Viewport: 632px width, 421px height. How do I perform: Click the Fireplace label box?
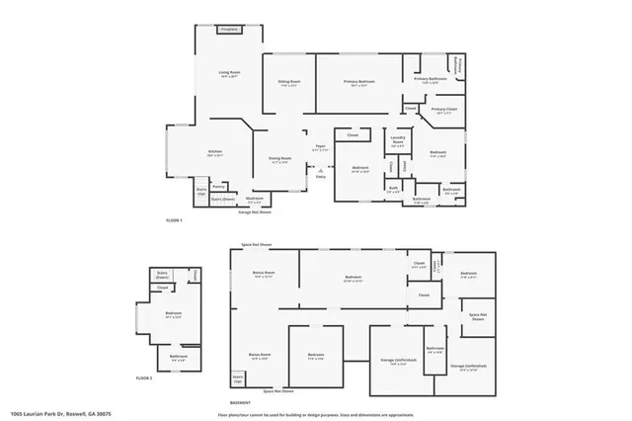point(229,30)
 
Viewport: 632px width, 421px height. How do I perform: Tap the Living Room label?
point(229,73)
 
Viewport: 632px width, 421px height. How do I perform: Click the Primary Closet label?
point(445,112)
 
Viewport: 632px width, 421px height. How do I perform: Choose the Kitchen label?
point(214,152)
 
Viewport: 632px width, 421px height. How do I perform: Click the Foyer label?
point(320,147)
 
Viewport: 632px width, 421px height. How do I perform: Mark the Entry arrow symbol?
point(319,171)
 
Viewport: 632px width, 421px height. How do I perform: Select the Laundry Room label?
point(398,141)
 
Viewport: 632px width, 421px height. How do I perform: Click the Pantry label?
point(219,186)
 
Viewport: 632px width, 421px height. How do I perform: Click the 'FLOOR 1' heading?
point(175,219)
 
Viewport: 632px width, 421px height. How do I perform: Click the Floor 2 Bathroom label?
point(179,357)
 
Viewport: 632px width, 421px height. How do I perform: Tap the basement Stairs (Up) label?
point(237,378)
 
